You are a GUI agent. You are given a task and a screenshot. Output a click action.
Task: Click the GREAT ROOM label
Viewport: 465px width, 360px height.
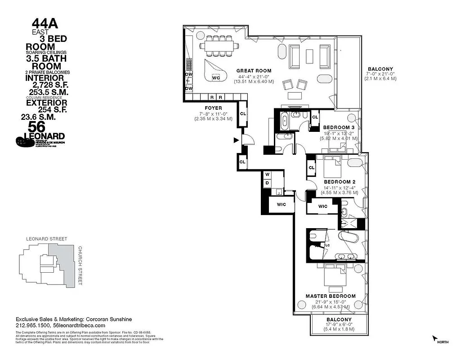[254, 71]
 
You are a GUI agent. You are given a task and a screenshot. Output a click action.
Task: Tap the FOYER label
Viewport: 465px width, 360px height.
[213, 108]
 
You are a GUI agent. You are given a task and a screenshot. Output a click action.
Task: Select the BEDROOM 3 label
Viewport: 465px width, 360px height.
[339, 127]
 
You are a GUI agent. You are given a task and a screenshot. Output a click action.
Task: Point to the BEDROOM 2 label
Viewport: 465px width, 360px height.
[340, 182]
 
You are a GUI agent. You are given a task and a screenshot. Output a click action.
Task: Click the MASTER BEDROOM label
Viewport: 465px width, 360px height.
[331, 296]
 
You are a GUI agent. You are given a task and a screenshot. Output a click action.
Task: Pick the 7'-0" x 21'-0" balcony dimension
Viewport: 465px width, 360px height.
[380, 73]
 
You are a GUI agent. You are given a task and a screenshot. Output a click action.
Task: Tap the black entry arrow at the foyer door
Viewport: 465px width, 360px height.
[235, 140]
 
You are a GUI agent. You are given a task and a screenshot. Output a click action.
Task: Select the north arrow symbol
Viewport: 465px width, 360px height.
[434, 338]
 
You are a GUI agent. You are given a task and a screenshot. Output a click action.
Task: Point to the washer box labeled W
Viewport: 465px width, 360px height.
[267, 174]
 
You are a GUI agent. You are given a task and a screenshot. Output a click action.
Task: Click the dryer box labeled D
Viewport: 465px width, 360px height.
[267, 183]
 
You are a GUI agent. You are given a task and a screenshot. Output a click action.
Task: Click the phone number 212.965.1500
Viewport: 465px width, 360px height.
[33, 325]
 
